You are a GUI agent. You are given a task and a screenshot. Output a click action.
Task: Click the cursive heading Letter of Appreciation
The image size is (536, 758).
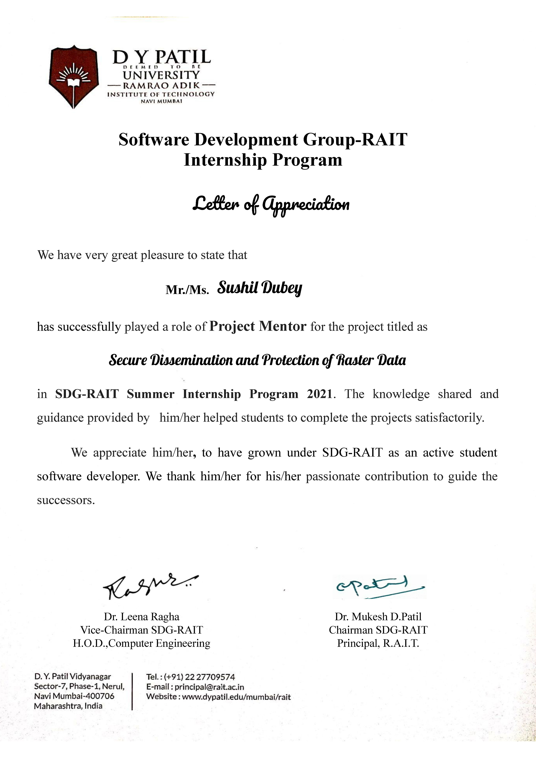click(x=271, y=205)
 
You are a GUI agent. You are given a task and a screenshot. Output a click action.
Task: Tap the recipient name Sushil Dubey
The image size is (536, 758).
click(x=260, y=288)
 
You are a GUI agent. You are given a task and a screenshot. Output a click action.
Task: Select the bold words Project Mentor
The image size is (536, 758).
click(x=258, y=326)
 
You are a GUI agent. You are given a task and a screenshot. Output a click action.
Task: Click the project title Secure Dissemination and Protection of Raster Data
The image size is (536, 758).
click(x=257, y=360)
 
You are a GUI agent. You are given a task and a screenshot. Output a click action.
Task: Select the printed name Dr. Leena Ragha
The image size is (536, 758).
click(x=142, y=616)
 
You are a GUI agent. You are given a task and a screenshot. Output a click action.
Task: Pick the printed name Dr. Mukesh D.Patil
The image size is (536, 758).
click(x=378, y=616)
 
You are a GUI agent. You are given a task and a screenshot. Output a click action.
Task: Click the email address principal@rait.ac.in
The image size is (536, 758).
click(x=209, y=687)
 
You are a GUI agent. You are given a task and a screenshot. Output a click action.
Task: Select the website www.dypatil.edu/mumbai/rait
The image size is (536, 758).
click(x=236, y=697)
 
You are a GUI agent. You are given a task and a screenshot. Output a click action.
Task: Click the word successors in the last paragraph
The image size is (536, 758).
click(x=66, y=500)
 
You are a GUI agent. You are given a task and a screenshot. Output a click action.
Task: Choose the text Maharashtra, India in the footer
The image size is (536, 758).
click(x=68, y=706)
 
